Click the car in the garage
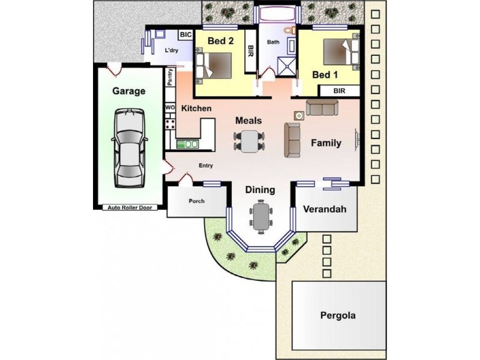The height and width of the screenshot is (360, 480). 129,148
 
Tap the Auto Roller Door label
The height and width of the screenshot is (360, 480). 130,208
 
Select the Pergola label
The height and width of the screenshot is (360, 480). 338,316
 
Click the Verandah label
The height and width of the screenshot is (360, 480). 325,209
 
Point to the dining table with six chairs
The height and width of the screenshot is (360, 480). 261,217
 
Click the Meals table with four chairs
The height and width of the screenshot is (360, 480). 249,142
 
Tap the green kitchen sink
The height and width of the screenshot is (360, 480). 187,144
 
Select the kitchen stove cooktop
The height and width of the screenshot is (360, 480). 170,124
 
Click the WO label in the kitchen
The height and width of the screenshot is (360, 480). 170,107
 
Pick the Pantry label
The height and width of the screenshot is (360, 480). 170,77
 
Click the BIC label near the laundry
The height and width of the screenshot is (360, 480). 185,35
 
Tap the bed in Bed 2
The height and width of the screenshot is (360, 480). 214,65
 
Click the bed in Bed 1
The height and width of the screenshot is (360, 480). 341,52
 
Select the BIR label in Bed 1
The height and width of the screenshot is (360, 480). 339,91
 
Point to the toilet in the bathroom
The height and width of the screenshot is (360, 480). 289,31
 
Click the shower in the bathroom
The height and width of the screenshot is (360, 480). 287,67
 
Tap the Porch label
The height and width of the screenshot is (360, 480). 197,201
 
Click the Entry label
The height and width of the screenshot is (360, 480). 206,166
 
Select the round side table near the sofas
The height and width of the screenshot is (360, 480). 299,115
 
